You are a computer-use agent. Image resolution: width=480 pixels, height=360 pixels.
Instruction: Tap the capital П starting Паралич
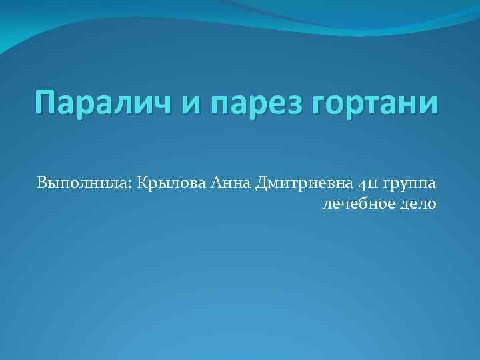(46, 103)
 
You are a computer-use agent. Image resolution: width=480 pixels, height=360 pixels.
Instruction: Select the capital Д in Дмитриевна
(263, 183)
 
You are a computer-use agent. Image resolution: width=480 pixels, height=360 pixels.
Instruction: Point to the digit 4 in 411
(361, 183)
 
